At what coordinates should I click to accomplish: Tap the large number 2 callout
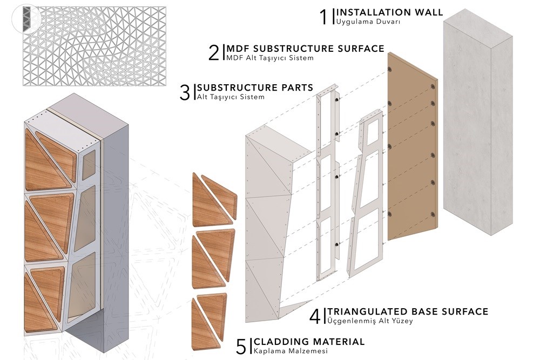pyautogui.click(x=214, y=52)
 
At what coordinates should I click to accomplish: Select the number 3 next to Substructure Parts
pyautogui.click(x=185, y=92)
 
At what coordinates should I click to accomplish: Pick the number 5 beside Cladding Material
pyautogui.click(x=241, y=346)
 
